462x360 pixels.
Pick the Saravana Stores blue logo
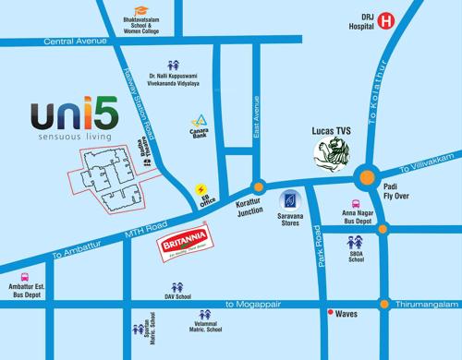(288, 199)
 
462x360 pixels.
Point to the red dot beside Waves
(331, 314)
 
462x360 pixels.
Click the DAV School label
(177, 297)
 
